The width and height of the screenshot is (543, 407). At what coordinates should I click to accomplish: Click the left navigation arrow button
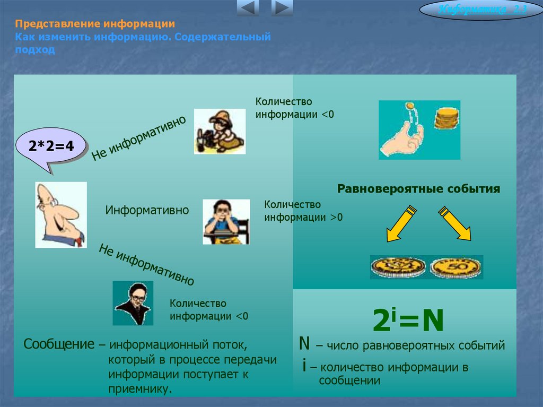[x=248, y=8]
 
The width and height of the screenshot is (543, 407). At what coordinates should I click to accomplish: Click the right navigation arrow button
[x=282, y=8]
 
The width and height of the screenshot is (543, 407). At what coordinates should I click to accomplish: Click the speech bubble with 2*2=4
[x=51, y=146]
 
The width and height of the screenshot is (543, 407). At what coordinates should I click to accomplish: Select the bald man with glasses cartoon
[x=60, y=215]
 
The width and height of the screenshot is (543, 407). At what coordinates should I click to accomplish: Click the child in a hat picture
[x=220, y=131]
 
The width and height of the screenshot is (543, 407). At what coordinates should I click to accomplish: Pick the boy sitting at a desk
[x=226, y=222]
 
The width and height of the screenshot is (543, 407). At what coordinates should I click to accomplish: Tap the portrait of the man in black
[x=133, y=303]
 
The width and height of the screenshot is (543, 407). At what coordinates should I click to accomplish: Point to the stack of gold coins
[x=446, y=118]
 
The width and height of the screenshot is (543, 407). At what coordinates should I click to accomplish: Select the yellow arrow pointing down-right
[x=455, y=223]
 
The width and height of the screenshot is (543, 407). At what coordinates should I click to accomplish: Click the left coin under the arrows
[x=398, y=266]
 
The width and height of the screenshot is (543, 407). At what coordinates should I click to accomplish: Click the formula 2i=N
[x=408, y=320]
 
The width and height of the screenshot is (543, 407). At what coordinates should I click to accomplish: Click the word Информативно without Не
[x=147, y=210]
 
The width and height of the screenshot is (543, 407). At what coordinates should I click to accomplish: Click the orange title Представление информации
[x=95, y=24]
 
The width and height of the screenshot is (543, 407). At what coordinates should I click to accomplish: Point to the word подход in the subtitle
[x=34, y=50]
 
